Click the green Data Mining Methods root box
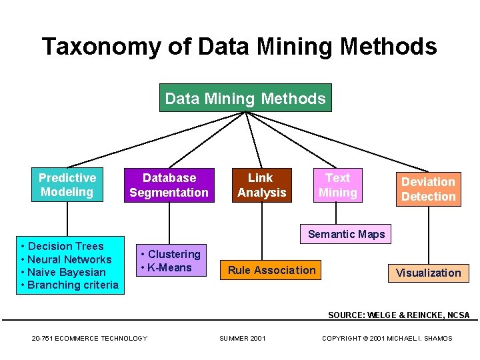(x=245, y=99)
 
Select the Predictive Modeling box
(x=67, y=185)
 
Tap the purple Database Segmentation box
(x=169, y=185)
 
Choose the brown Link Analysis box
(x=261, y=185)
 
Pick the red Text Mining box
(x=337, y=185)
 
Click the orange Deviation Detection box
(x=428, y=189)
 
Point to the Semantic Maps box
(x=346, y=234)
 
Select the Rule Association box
(x=271, y=270)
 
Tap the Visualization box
(x=428, y=273)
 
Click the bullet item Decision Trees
(x=66, y=246)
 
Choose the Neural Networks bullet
(x=70, y=259)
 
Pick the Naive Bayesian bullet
(x=67, y=272)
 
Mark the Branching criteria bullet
(x=73, y=285)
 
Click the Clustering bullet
(x=174, y=254)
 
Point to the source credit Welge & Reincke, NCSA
(x=399, y=315)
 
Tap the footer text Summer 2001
(x=243, y=339)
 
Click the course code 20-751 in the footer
(x=44, y=339)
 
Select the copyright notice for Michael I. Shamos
(x=387, y=339)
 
